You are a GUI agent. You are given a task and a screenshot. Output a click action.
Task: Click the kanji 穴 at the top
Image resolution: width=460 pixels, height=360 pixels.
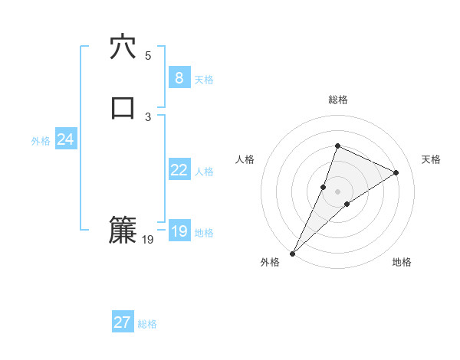pyautogui.click(x=123, y=47)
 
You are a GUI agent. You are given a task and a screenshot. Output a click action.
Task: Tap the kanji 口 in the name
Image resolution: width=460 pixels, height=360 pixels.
pyautogui.click(x=123, y=108)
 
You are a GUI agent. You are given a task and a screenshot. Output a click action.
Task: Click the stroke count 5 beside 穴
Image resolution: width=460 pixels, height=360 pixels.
pyautogui.click(x=148, y=56)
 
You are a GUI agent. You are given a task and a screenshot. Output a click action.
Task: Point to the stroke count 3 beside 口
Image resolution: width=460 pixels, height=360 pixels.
pyautogui.click(x=148, y=116)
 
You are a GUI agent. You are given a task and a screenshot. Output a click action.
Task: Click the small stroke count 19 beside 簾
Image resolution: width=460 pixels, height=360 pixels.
pyautogui.click(x=148, y=240)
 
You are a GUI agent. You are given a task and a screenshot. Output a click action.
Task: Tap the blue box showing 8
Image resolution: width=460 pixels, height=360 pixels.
pyautogui.click(x=179, y=78)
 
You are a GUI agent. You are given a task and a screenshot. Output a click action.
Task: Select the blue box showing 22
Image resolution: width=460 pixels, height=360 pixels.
pyautogui.click(x=179, y=170)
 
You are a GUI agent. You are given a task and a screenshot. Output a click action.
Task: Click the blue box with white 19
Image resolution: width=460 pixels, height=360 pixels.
pyautogui.click(x=179, y=231)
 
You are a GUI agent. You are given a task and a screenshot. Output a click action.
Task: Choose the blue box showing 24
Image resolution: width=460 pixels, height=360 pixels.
pyautogui.click(x=66, y=139)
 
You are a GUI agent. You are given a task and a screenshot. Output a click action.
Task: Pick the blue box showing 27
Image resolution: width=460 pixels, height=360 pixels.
pyautogui.click(x=123, y=322)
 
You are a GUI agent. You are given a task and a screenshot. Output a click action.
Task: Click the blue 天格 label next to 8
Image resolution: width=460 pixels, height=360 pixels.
pyautogui.click(x=204, y=80)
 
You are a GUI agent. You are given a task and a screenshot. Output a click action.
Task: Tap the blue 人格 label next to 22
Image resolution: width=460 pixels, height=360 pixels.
pyautogui.click(x=204, y=172)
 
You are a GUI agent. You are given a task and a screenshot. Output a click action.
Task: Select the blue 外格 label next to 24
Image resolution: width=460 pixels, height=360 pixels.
pyautogui.click(x=41, y=141)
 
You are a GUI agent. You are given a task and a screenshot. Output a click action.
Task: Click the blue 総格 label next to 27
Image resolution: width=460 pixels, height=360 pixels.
pyautogui.click(x=147, y=324)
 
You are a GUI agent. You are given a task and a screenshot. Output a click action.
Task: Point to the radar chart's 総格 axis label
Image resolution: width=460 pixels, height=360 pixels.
pyautogui.click(x=337, y=100)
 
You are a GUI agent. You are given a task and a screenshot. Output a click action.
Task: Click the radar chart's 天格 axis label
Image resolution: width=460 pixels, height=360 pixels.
pyautogui.click(x=432, y=159)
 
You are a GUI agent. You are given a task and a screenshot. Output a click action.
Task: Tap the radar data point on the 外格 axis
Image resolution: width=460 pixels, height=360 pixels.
pyautogui.click(x=292, y=253)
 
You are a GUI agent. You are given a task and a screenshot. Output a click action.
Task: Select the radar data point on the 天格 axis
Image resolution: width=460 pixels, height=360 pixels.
pyautogui.click(x=396, y=172)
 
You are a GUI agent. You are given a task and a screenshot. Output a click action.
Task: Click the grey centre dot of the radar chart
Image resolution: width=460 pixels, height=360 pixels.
pyautogui.click(x=337, y=191)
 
